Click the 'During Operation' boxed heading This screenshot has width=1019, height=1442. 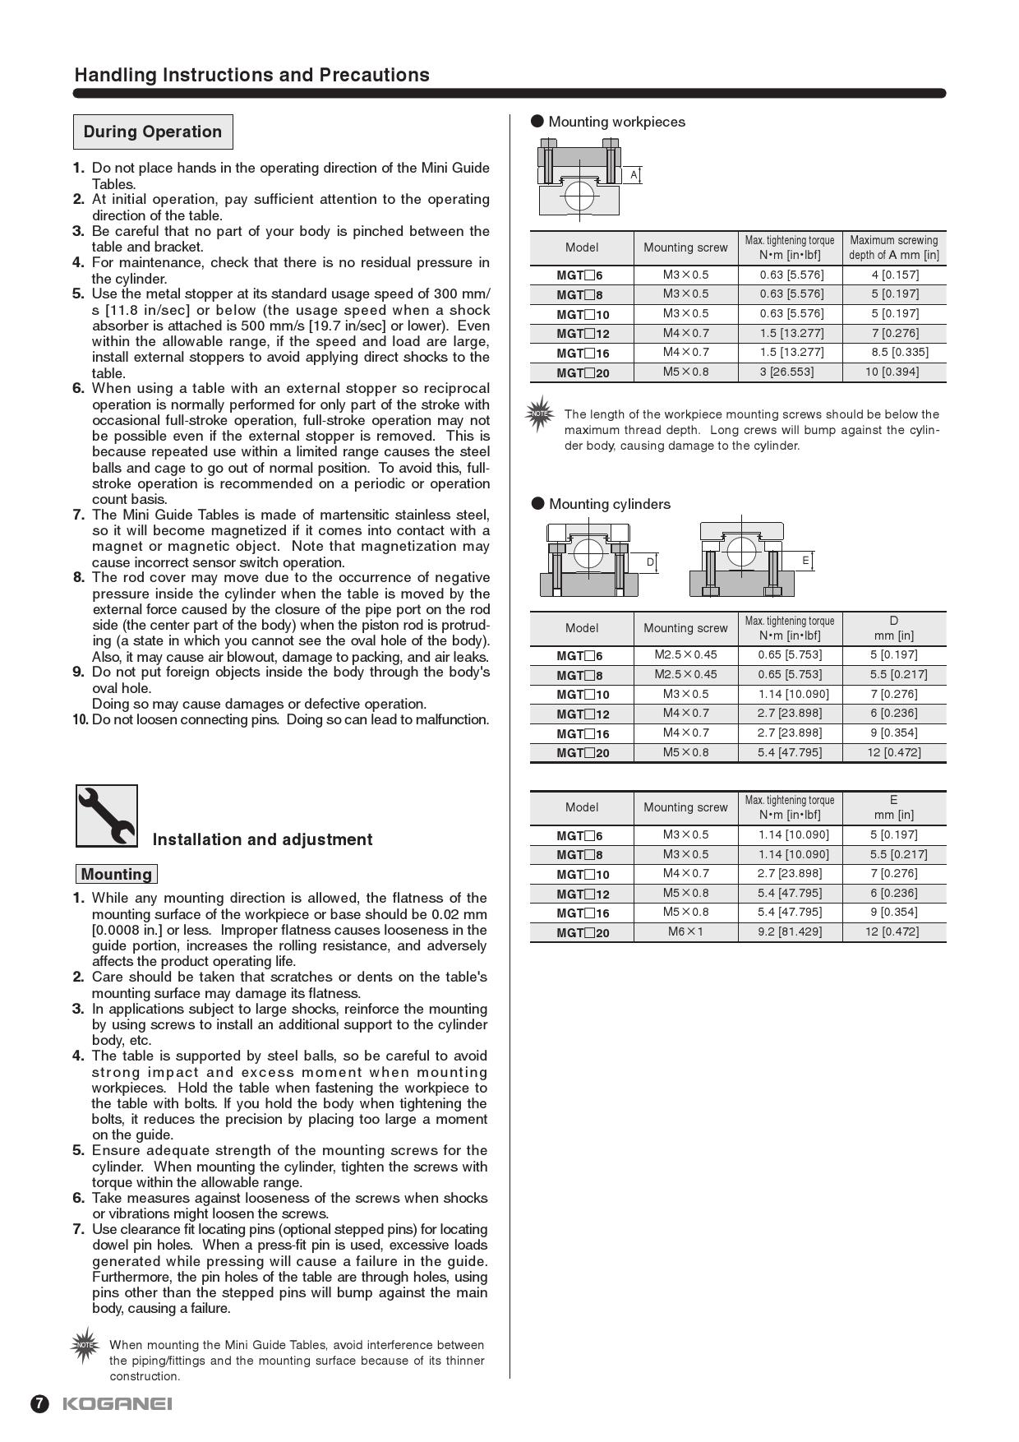pos(153,132)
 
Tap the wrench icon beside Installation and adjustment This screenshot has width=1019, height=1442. pos(107,816)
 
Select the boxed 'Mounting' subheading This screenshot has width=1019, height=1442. pos(116,874)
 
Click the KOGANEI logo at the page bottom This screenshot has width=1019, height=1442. pos(118,1403)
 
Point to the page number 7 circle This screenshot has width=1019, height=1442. pos(39,1403)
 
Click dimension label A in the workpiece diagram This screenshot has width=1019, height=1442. pos(634,175)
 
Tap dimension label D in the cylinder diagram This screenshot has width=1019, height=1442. pos(650,562)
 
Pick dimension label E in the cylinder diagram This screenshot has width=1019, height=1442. pos(805,561)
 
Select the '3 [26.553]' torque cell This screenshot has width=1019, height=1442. pos(786,372)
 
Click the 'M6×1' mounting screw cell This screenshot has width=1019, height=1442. pos(685,931)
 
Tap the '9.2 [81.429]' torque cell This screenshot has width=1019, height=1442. pos(790,931)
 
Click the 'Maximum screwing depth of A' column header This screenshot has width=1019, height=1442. pos(894,247)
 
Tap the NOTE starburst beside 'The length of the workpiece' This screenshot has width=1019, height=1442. pos(540,414)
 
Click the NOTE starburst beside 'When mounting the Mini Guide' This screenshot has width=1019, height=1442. pos(85,1346)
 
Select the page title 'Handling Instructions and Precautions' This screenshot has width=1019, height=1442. pos(251,75)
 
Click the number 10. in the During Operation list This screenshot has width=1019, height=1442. pos(81,720)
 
